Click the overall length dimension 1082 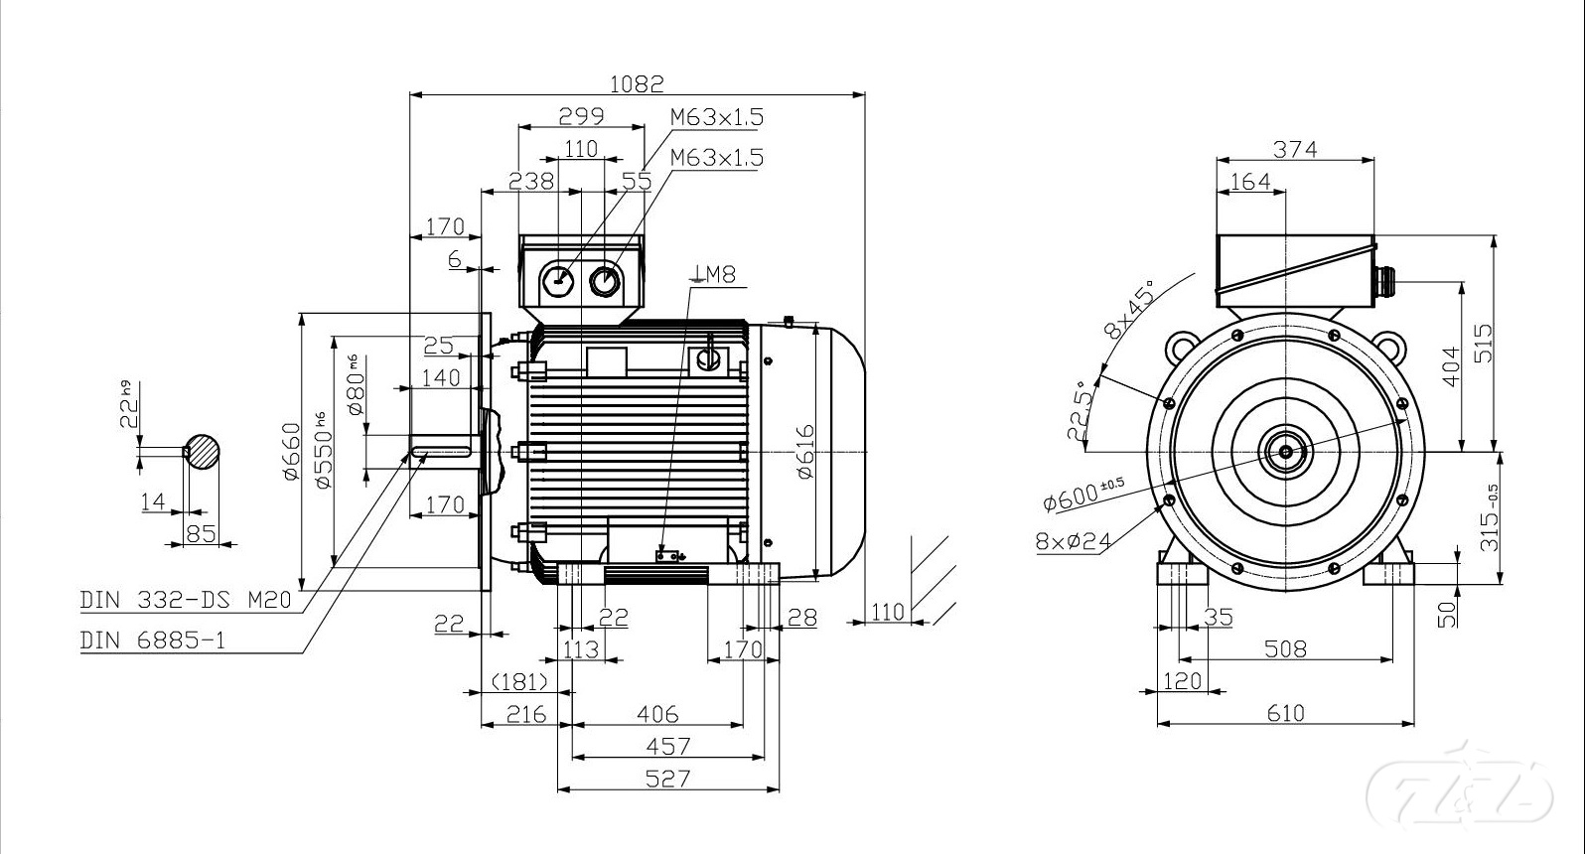(636, 83)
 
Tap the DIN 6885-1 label (152, 640)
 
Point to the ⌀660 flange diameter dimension (290, 451)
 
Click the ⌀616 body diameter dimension (804, 451)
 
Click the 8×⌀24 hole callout (1073, 541)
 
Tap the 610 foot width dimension (1285, 712)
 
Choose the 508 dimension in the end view (1285, 648)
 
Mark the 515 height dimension (1482, 344)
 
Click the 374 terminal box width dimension (1295, 149)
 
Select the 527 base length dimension (667, 778)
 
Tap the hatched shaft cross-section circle (203, 451)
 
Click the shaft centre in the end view (1286, 452)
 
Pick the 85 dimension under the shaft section (201, 533)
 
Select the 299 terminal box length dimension (581, 116)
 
